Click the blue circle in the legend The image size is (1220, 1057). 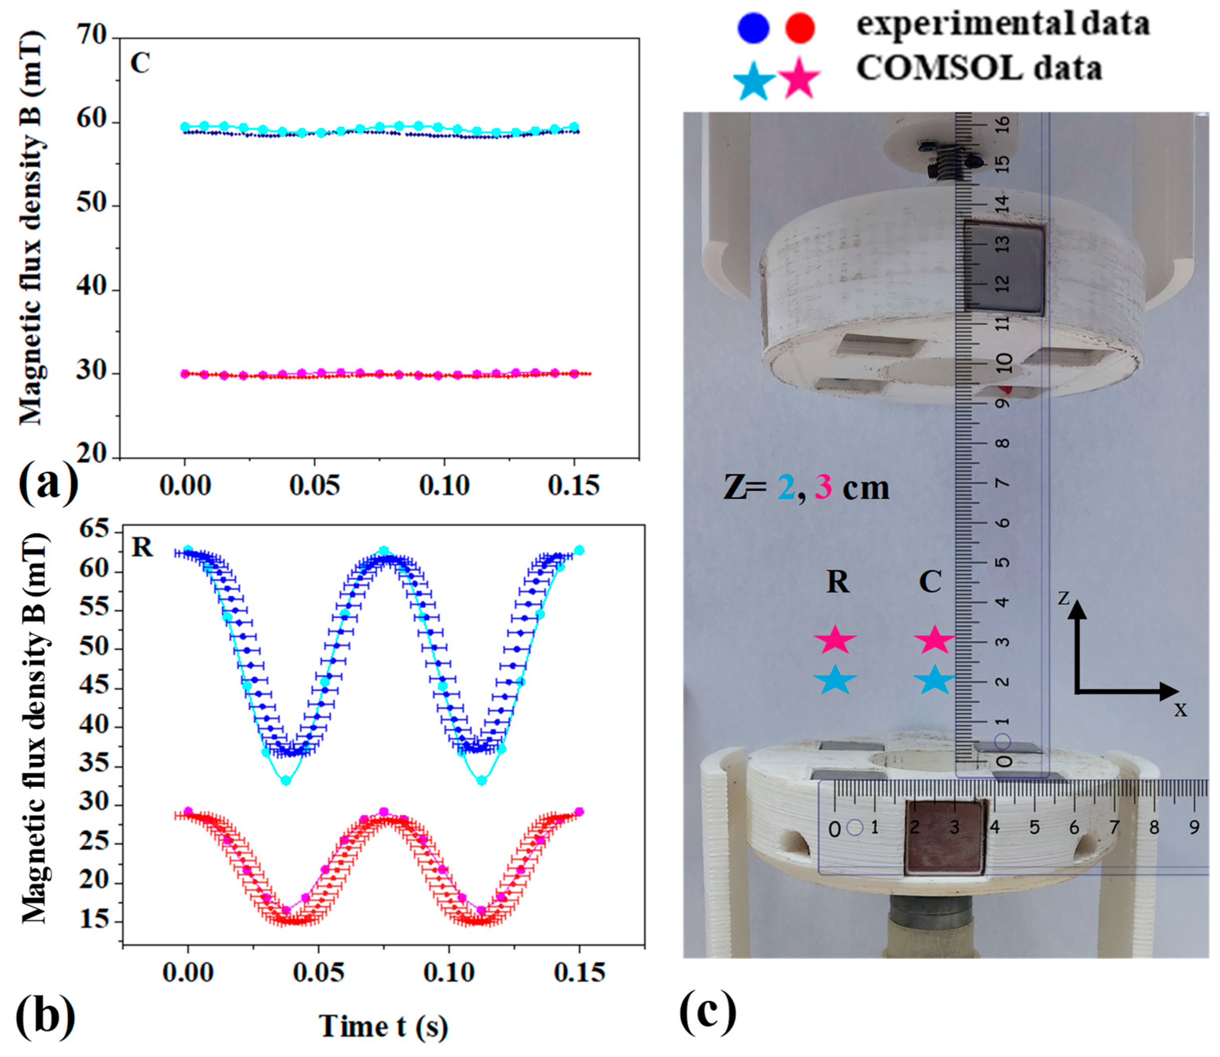click(753, 28)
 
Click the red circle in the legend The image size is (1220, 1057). click(800, 28)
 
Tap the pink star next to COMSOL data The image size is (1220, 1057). click(799, 77)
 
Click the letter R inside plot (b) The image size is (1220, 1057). click(142, 548)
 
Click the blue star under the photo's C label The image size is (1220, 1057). click(934, 680)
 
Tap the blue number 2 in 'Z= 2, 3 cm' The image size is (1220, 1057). click(786, 488)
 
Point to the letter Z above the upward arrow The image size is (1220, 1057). click(1063, 599)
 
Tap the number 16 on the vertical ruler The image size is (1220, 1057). click(1002, 124)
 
